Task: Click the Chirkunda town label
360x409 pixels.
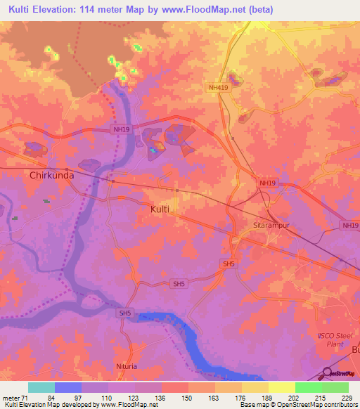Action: (x=51, y=176)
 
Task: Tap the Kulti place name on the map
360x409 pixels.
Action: (x=160, y=209)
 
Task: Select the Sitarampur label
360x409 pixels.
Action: (x=271, y=226)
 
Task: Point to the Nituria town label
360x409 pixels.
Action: (x=127, y=366)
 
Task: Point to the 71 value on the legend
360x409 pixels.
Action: (x=27, y=398)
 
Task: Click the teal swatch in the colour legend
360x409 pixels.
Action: (x=41, y=387)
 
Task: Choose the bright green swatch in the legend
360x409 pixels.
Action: (x=308, y=387)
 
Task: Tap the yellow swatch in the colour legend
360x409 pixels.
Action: (x=281, y=387)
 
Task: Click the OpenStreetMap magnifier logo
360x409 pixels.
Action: (x=326, y=372)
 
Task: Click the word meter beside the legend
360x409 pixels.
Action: (x=11, y=398)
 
